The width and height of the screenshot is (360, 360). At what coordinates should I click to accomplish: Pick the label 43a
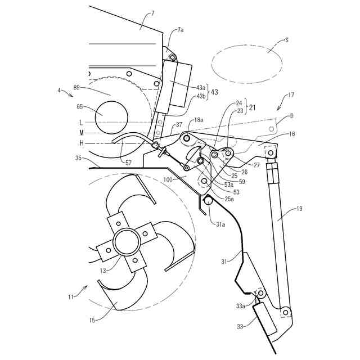point(200,87)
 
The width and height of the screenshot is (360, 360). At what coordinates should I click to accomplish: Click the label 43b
point(200,96)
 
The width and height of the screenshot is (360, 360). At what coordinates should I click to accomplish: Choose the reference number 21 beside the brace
point(253,107)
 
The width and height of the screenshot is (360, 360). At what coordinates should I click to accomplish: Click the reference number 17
point(291,95)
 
